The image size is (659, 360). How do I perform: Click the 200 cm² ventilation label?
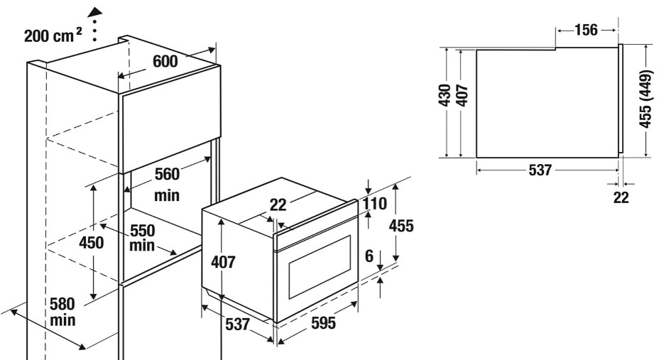(x=53, y=36)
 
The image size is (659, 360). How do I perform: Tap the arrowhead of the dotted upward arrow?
(x=95, y=12)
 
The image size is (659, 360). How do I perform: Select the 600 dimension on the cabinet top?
(x=165, y=61)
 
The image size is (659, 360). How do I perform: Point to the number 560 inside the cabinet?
(x=167, y=174)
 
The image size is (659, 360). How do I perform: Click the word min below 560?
(x=167, y=195)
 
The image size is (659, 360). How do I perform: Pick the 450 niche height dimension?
(x=91, y=242)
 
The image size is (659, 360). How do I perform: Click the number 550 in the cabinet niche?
(x=143, y=231)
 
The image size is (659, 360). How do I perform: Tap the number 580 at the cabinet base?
(x=62, y=304)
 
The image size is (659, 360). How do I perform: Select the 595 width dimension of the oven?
(x=323, y=323)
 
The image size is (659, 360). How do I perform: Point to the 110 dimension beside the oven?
(x=374, y=204)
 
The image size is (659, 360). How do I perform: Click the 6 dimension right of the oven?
(x=369, y=256)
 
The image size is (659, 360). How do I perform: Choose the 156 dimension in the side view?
(x=586, y=30)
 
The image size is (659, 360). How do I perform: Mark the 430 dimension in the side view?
(x=445, y=95)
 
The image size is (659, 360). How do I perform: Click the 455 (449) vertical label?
(x=646, y=99)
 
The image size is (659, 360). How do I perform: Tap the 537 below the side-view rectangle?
(x=540, y=170)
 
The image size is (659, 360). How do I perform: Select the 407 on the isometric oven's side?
(x=223, y=262)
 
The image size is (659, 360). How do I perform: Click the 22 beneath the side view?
(x=621, y=197)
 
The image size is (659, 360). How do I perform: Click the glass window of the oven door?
(x=320, y=267)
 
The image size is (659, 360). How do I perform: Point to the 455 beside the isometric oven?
(x=401, y=226)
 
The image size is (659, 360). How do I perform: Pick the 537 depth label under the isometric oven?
(x=237, y=324)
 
